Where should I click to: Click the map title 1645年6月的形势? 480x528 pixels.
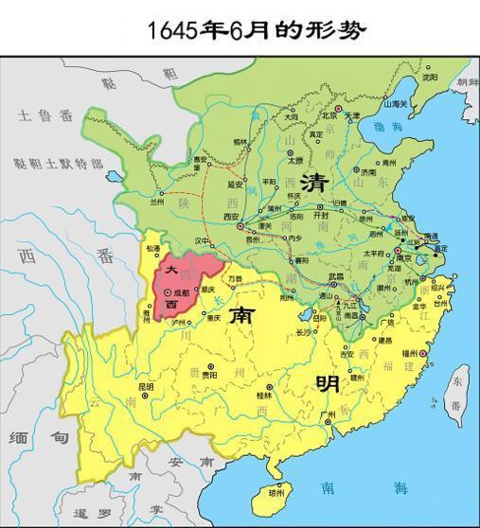(256, 29)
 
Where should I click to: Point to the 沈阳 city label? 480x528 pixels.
(430, 76)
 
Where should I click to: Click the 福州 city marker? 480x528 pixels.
(422, 353)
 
